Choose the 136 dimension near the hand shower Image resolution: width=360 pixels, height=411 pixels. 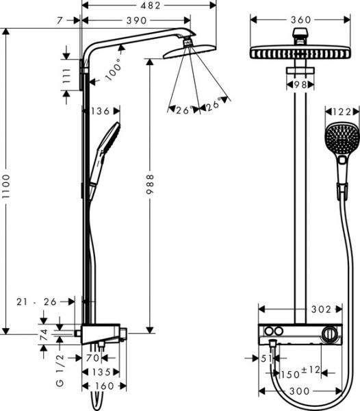tap(100, 109)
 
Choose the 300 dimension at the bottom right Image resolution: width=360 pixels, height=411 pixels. tap(305, 390)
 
